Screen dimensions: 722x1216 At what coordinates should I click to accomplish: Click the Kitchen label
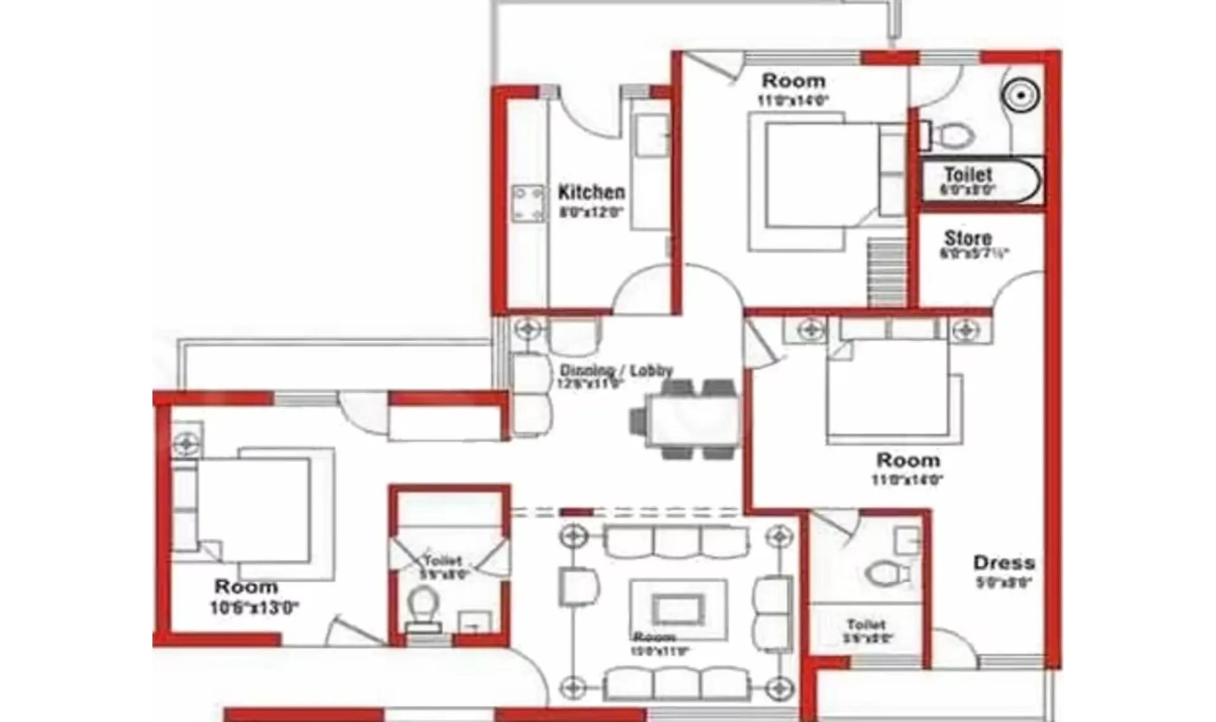tap(591, 192)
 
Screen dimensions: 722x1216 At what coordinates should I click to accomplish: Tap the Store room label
tap(968, 239)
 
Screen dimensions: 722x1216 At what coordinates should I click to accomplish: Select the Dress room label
tap(1004, 563)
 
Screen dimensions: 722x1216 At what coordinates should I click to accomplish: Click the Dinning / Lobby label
tap(616, 370)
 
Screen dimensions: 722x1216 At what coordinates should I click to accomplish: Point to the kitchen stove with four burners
tap(528, 203)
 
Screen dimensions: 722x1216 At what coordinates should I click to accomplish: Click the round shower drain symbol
tap(1020, 95)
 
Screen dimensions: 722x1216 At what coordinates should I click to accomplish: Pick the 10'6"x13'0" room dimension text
tap(254, 608)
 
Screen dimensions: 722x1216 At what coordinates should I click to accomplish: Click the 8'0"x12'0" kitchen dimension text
tap(591, 211)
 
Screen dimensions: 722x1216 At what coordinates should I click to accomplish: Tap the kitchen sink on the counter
tap(652, 135)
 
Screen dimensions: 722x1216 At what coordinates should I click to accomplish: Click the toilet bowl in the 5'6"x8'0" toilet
tap(422, 607)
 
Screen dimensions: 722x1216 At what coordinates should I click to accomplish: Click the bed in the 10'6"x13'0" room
tap(253, 509)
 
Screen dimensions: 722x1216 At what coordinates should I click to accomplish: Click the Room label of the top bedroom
tap(793, 81)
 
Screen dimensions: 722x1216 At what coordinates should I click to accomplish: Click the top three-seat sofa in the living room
tap(676, 541)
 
